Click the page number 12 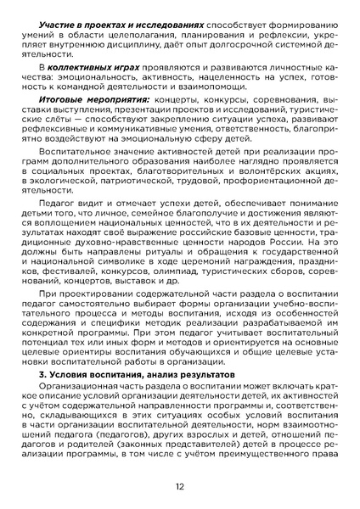(180, 486)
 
